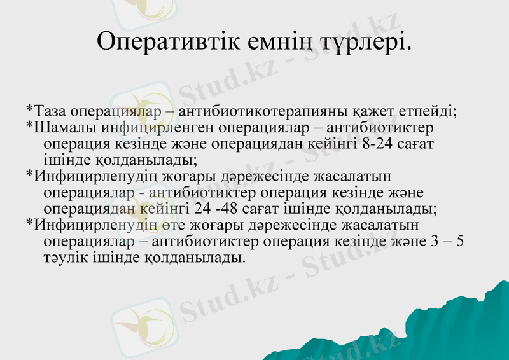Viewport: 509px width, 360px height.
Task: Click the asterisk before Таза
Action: [30, 109]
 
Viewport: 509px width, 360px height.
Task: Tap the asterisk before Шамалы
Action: [30, 126]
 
